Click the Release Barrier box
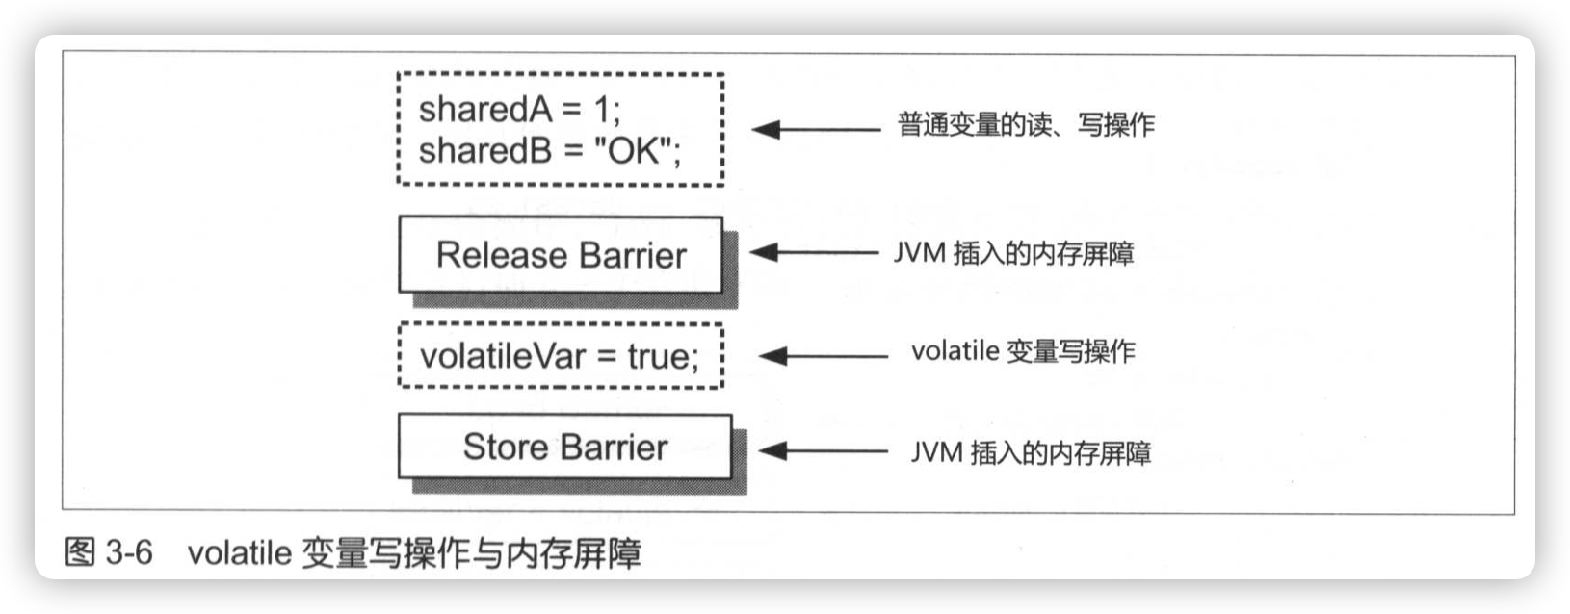click(x=561, y=255)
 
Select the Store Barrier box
click(x=564, y=447)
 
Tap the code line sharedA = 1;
click(x=519, y=110)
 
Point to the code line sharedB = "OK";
click(x=549, y=151)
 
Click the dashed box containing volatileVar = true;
click(x=561, y=356)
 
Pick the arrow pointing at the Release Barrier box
click(x=814, y=253)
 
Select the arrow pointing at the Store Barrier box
click(x=824, y=450)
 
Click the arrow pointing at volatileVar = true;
click(x=824, y=356)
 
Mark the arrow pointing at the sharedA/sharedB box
click(x=815, y=129)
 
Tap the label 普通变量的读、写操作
click(x=1025, y=125)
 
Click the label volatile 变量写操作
click(x=1023, y=351)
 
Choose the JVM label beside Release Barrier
click(x=1013, y=253)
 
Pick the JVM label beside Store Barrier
click(x=1031, y=452)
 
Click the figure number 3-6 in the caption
click(x=129, y=552)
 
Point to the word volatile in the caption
click(x=239, y=553)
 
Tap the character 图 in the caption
click(x=80, y=552)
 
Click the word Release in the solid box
click(x=501, y=255)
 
